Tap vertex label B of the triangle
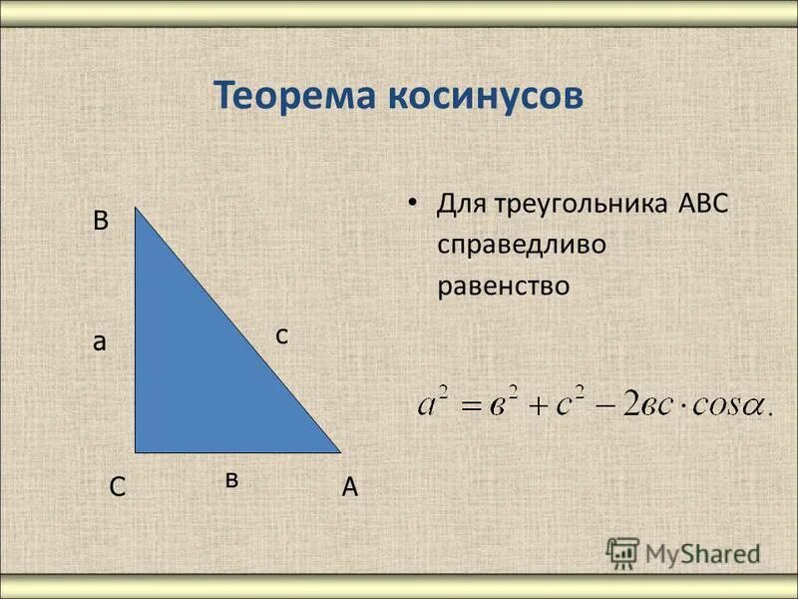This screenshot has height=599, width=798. pos(101,222)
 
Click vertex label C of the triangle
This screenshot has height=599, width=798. pos(117,487)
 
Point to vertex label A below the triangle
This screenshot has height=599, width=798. pos(349,487)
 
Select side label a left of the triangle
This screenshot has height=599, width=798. pos(99,341)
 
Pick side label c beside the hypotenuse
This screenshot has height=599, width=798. pos(282,336)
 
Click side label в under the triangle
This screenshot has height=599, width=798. pos(231,480)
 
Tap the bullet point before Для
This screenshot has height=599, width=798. pos(411,203)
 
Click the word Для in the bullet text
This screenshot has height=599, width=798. pos(460,206)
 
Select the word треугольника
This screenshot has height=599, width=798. pos(579,206)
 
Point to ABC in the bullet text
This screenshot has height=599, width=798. pos(703,204)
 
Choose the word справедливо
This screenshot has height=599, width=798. pos(521,245)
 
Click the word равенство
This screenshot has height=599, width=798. pos(503,286)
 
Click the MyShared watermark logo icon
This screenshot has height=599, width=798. pos(622,552)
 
